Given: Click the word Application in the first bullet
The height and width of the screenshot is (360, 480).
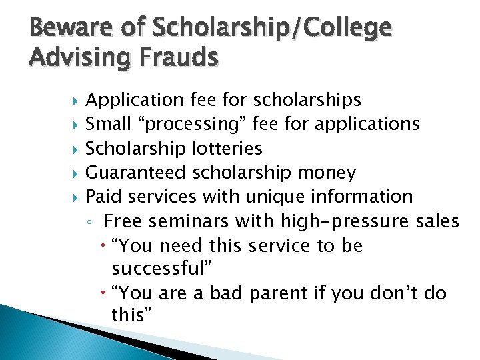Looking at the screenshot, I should pos(135,100).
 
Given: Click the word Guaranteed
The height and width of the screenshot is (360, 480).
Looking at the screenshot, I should pos(137,173).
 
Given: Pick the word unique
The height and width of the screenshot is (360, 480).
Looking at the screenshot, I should pos(273,197).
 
